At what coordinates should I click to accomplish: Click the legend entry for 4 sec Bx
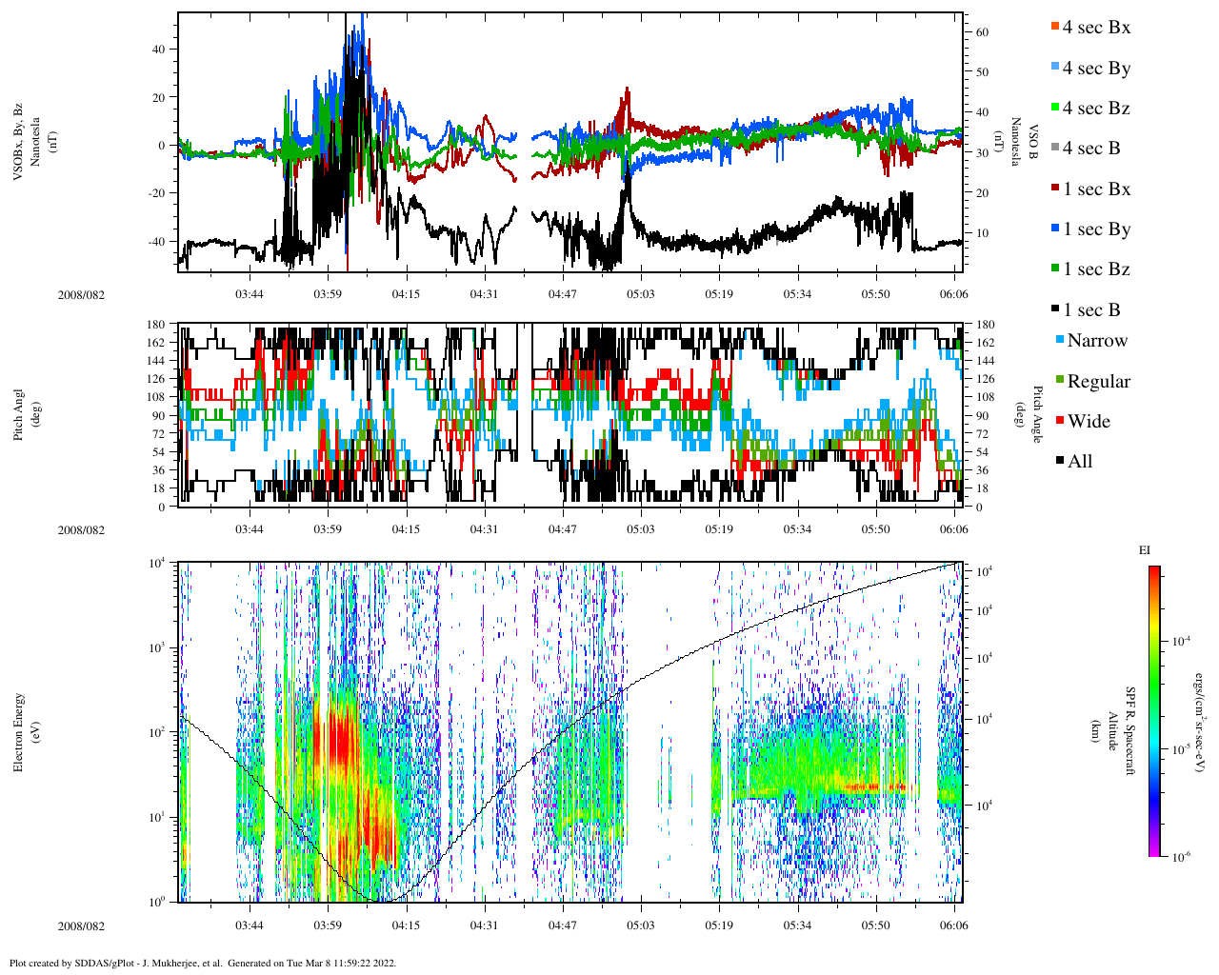(1095, 28)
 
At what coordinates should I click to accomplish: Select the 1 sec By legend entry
(1095, 229)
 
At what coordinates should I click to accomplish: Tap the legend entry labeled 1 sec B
(1091, 310)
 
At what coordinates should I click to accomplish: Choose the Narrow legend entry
(1096, 341)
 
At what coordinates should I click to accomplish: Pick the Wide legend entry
(1089, 422)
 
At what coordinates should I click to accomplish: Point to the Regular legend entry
(1098, 382)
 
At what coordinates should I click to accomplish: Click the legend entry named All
(1079, 462)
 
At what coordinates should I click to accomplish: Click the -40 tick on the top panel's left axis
(154, 242)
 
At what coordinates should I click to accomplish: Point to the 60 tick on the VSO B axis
(982, 32)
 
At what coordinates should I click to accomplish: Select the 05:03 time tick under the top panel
(640, 294)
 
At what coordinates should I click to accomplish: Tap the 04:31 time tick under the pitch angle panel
(484, 529)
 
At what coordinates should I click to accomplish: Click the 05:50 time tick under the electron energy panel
(876, 925)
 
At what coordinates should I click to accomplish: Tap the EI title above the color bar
(1145, 550)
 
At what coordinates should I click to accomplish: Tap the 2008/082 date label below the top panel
(81, 295)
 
